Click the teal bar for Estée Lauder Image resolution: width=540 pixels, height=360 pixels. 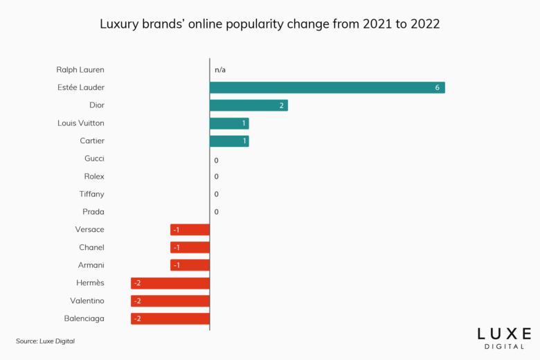click(x=327, y=87)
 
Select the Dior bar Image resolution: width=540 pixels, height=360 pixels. click(x=249, y=105)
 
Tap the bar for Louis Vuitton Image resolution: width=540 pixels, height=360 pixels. click(x=229, y=123)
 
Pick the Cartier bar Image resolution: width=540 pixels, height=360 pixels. click(x=229, y=141)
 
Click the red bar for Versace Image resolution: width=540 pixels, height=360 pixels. click(x=190, y=230)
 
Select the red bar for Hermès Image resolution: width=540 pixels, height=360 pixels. click(x=170, y=283)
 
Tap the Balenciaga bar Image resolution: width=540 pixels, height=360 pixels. click(x=170, y=318)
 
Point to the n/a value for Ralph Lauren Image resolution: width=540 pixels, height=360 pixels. click(x=220, y=70)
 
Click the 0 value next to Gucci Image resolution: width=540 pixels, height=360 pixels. click(x=216, y=161)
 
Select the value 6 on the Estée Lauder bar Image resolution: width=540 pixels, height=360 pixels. click(x=438, y=88)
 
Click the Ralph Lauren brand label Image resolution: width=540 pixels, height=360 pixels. click(x=80, y=70)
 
